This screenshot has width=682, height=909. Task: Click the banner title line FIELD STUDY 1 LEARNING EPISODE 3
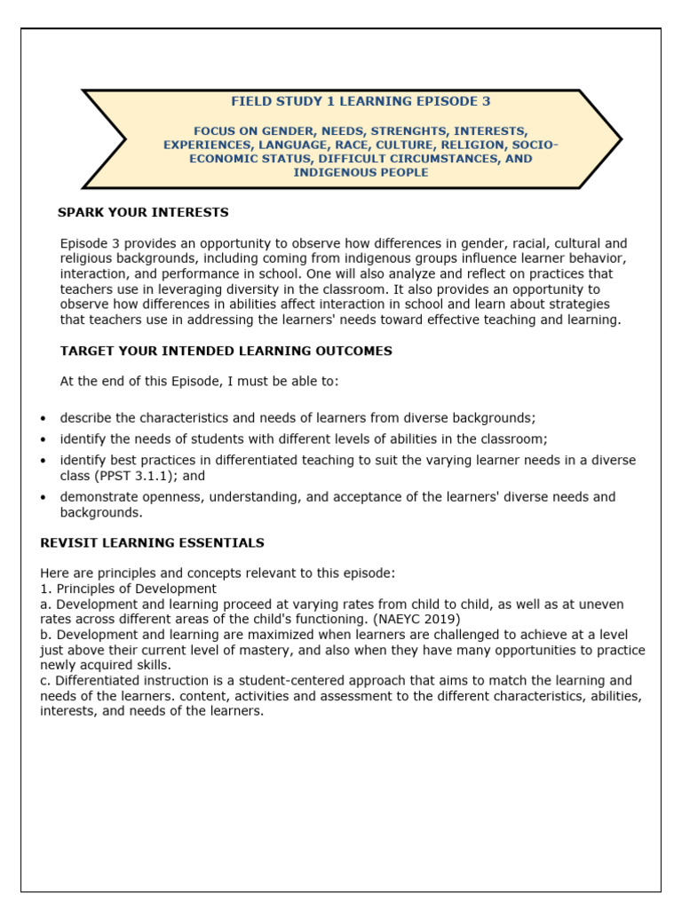tap(361, 102)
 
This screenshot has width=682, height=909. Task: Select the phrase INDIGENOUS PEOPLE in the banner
tap(361, 172)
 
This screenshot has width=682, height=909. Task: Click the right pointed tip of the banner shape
tap(620, 139)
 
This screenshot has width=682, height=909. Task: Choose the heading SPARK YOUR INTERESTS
tap(143, 213)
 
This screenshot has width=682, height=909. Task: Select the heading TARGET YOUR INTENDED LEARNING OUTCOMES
tap(226, 352)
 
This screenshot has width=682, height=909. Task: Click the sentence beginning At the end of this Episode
tap(199, 382)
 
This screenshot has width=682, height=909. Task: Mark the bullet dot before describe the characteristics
tap(44, 419)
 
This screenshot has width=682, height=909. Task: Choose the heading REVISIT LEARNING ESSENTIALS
tap(152, 543)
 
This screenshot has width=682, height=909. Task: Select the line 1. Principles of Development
tap(128, 589)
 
